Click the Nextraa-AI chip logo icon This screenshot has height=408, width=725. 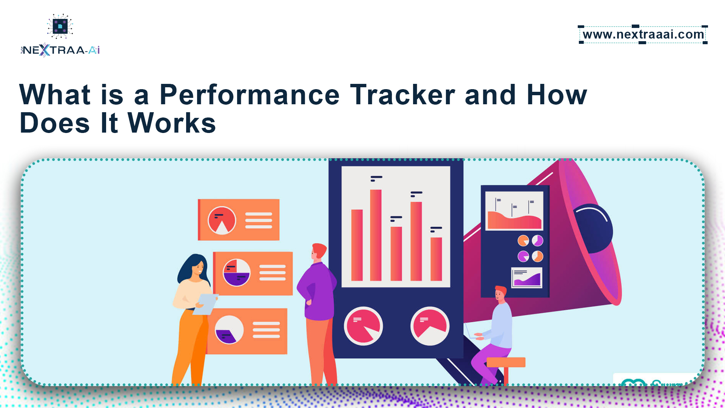click(60, 26)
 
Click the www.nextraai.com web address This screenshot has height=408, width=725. click(643, 34)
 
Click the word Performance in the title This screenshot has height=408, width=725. click(250, 94)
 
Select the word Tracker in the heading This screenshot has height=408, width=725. click(403, 94)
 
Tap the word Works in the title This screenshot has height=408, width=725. click(172, 123)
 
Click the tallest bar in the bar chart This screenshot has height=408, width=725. click(376, 235)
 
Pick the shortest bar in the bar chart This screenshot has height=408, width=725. click(436, 259)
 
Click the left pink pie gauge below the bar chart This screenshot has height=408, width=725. click(363, 326)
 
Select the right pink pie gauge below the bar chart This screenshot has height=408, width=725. click(430, 326)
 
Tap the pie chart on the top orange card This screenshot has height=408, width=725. click(222, 220)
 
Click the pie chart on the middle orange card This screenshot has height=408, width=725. click(237, 272)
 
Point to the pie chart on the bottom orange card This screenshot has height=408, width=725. click(229, 330)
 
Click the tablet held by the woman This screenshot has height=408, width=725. click(205, 304)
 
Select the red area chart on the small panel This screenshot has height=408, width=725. click(514, 221)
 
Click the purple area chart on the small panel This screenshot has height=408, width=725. click(527, 280)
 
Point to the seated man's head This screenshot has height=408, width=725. click(500, 294)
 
